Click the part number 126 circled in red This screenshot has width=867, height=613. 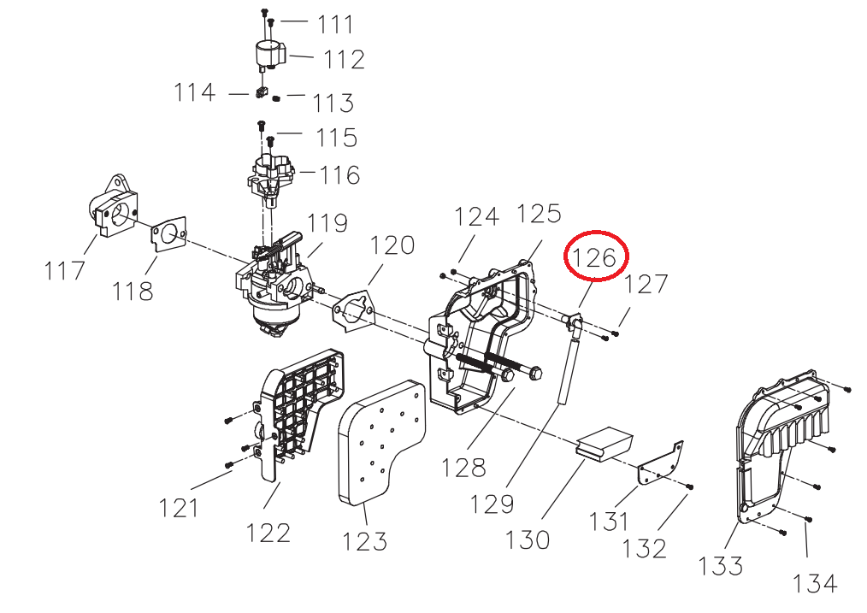(596, 256)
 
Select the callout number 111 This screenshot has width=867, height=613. (335, 24)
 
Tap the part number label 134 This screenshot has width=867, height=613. (815, 583)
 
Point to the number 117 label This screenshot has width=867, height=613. (65, 271)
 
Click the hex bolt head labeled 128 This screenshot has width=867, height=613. (534, 374)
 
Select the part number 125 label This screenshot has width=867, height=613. (540, 213)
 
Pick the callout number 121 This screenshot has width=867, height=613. (178, 507)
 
